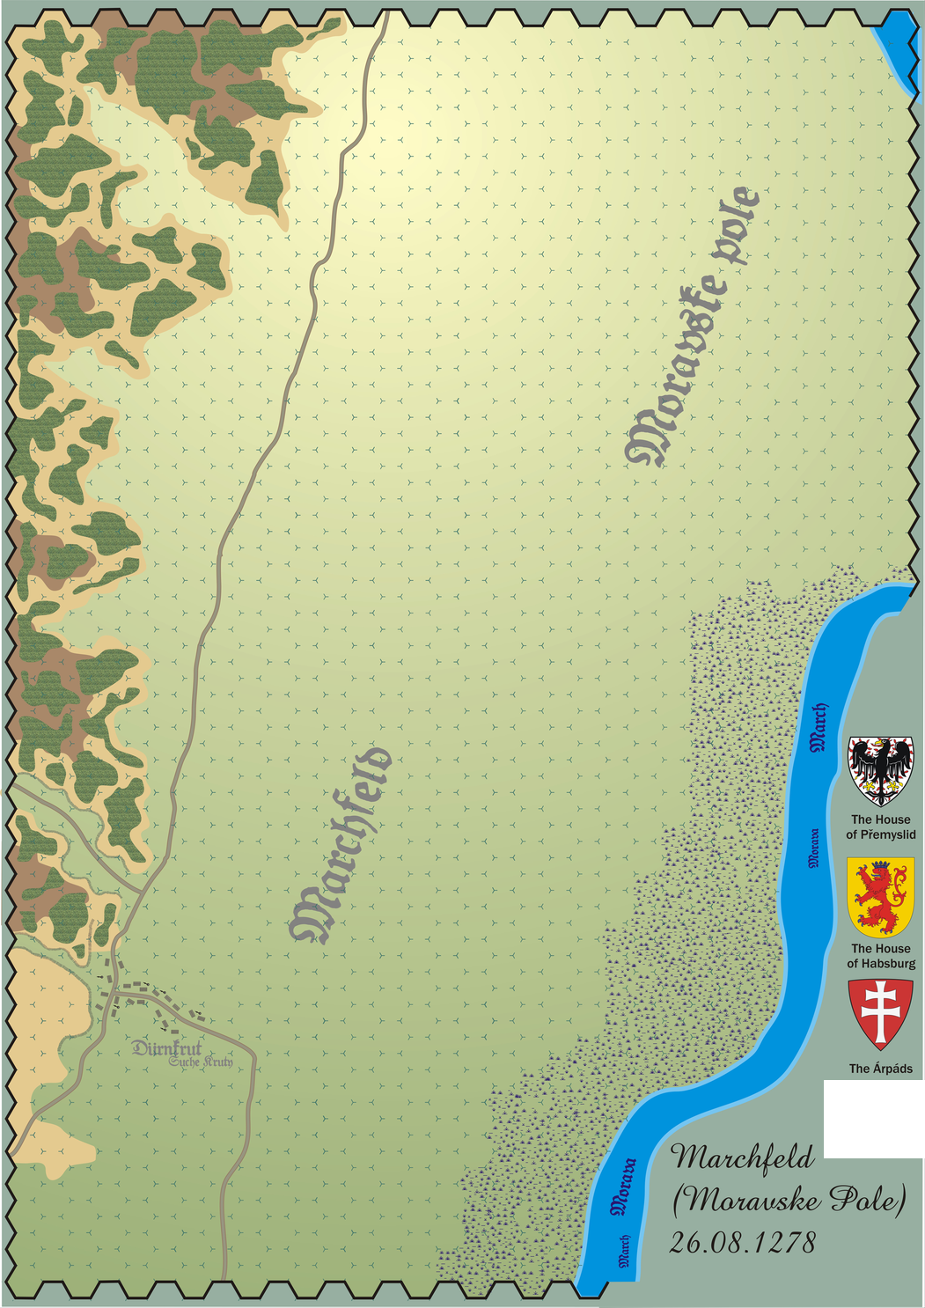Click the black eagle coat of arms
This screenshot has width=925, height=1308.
coord(880,770)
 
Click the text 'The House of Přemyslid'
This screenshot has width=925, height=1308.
coord(881,827)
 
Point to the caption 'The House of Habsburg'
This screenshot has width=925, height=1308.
coord(881,956)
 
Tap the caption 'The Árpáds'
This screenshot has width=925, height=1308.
coord(881,1069)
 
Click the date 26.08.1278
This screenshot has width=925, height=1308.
coord(743,1243)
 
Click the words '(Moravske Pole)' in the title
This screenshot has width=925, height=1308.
coord(789,1200)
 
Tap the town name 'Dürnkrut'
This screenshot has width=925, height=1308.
coord(166,1048)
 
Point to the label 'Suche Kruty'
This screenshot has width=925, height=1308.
coord(202,1062)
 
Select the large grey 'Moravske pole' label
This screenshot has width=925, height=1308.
coord(694,326)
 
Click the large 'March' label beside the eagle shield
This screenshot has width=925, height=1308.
coord(819,727)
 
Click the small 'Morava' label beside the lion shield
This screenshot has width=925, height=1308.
coord(814,847)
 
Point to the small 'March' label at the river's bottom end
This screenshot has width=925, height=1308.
coord(625,1250)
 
